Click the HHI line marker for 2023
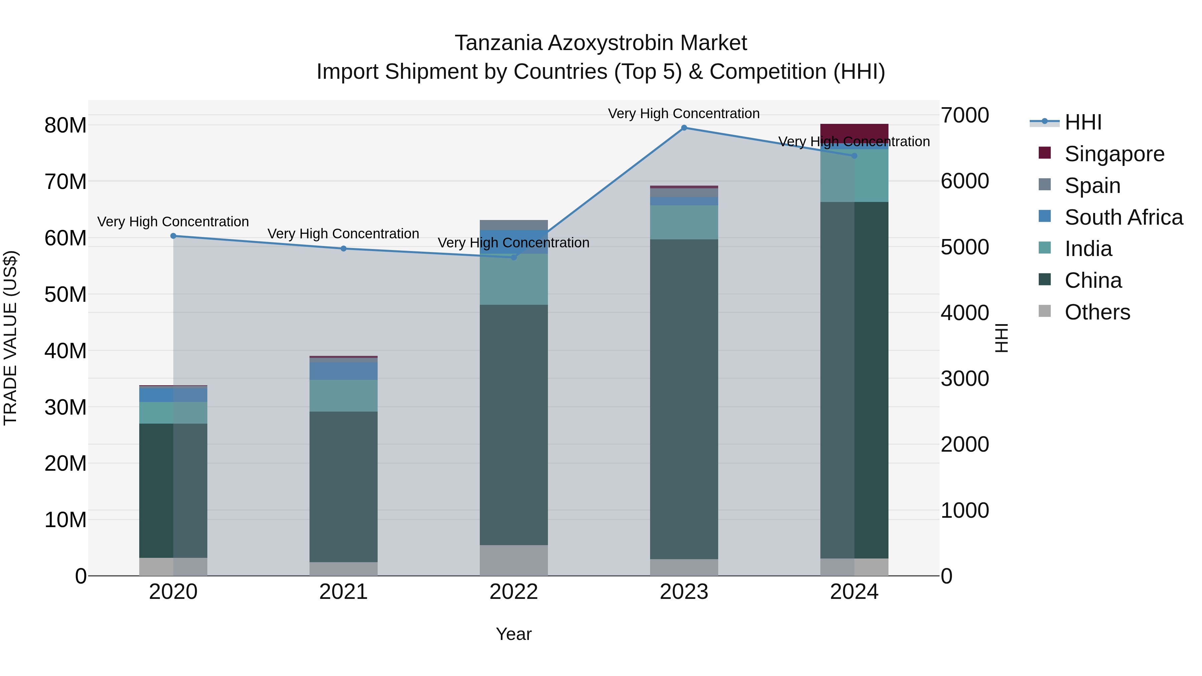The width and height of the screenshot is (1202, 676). pyautogui.click(x=684, y=128)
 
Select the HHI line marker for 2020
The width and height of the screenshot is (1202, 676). pyautogui.click(x=173, y=236)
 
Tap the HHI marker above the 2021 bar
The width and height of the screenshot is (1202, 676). pyautogui.click(x=344, y=249)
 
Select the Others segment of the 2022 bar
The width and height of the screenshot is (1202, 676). pyautogui.click(x=514, y=560)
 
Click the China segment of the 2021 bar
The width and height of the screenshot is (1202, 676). pyautogui.click(x=344, y=487)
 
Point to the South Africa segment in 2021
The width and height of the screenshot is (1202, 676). pyautogui.click(x=344, y=371)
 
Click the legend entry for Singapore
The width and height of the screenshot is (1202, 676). pyautogui.click(x=1114, y=154)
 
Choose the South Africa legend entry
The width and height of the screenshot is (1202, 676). pyautogui.click(x=1123, y=217)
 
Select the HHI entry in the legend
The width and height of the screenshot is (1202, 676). pyautogui.click(x=1082, y=122)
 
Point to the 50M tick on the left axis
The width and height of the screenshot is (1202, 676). pyautogui.click(x=65, y=294)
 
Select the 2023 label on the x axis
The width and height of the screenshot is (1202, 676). pyautogui.click(x=684, y=592)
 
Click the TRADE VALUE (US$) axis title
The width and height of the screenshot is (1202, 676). pyautogui.click(x=10, y=338)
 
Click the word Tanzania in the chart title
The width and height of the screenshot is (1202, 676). pyautogui.click(x=498, y=43)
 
